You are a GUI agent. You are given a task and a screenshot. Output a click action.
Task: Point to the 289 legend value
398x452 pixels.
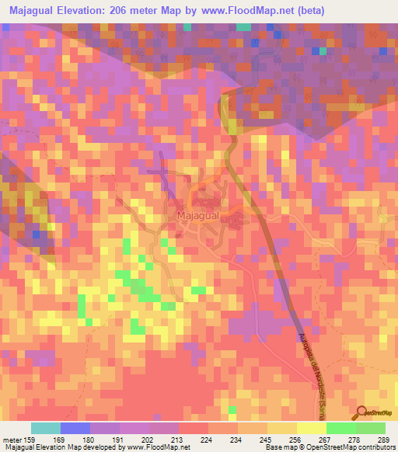coord(382,439)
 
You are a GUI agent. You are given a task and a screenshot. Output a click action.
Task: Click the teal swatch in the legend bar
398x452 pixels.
coord(46,428)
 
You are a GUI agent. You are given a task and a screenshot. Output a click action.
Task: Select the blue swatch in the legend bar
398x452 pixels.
coord(75,428)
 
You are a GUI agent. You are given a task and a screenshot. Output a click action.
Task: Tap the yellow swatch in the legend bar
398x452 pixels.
coord(311,428)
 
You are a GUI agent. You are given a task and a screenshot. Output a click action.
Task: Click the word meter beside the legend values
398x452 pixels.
coord(13,439)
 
